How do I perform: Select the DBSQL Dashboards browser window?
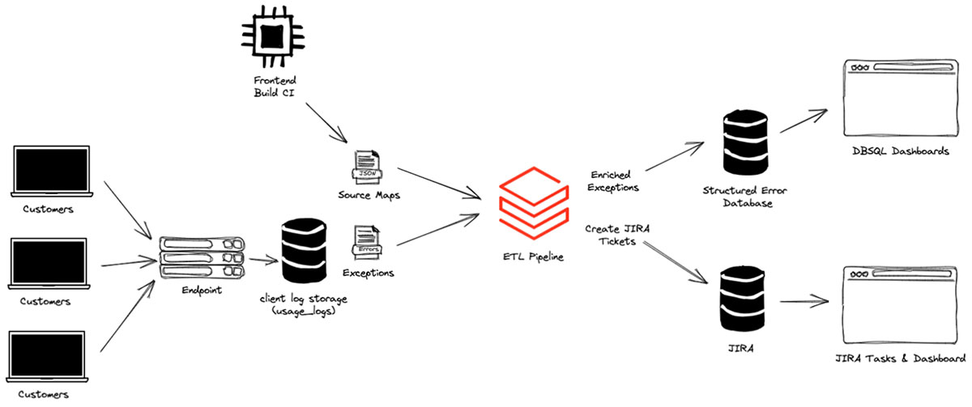(899, 99)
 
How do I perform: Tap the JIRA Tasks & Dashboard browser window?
(899, 303)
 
